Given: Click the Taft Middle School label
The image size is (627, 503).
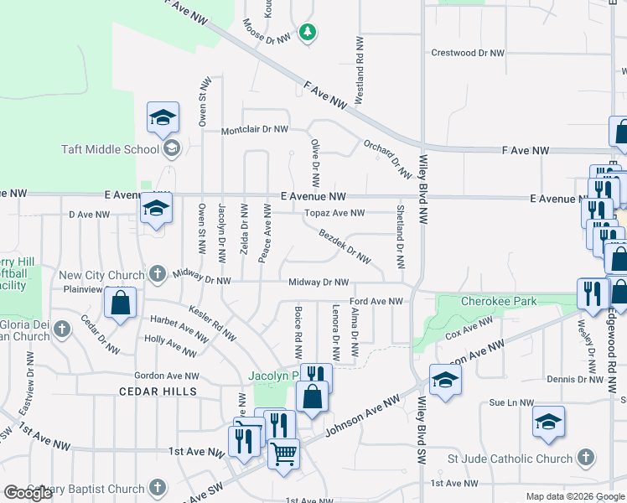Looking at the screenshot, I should [x=110, y=149].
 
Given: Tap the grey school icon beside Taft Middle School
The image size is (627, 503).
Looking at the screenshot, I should [x=172, y=149].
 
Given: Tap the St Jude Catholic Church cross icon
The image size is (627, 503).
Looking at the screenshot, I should [x=587, y=458].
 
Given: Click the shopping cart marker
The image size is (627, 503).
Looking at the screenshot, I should [x=283, y=454].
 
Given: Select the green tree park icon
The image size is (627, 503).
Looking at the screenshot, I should [x=308, y=32].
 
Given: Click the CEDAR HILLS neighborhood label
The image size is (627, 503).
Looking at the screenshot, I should [x=158, y=392].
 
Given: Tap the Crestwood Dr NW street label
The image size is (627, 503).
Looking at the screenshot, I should [x=468, y=52].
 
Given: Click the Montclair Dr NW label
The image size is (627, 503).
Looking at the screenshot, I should [x=254, y=131].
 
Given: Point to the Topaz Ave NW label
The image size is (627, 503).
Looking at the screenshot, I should [x=334, y=213].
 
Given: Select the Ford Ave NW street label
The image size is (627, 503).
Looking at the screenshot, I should [x=376, y=300].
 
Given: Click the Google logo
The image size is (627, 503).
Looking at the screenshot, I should [x=28, y=493].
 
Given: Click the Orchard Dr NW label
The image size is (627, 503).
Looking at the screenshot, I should [x=387, y=158].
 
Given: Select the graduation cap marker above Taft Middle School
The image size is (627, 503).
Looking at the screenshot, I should [x=163, y=117].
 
